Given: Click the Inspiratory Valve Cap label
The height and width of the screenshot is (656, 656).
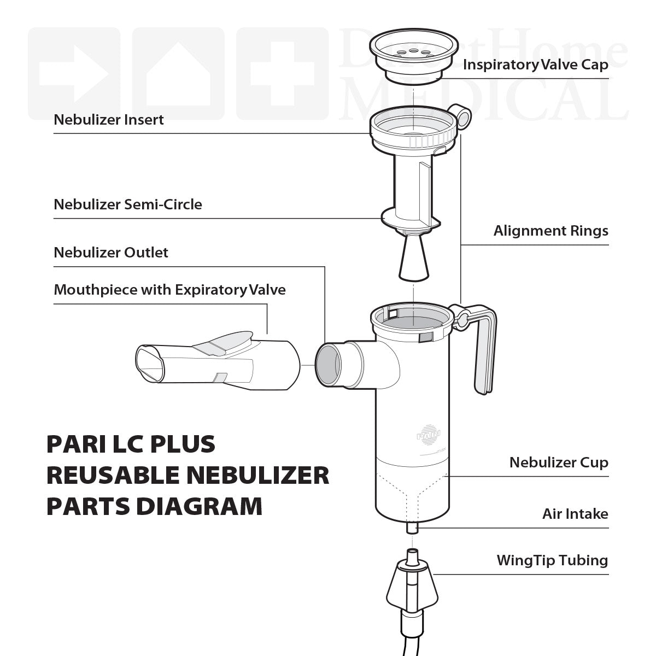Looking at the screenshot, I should [x=535, y=65].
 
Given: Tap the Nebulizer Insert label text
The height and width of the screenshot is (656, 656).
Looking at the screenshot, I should [x=109, y=120].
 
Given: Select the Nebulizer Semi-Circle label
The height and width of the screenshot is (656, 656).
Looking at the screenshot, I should [x=128, y=204].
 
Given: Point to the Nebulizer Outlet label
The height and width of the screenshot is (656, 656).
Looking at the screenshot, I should [x=111, y=253].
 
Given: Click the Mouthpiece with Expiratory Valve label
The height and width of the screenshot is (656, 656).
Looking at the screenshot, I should [x=169, y=290].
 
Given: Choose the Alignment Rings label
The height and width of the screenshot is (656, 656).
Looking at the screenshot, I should [x=550, y=231].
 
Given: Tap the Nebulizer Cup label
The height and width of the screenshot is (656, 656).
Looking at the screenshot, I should [x=558, y=462].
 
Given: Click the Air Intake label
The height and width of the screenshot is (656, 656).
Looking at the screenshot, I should [x=575, y=514].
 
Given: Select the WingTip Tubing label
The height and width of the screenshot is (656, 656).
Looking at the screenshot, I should [x=552, y=560].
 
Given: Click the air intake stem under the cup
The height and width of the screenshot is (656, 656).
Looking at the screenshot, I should [x=413, y=528].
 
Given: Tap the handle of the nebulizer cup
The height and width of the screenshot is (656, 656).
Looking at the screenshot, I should [x=485, y=350].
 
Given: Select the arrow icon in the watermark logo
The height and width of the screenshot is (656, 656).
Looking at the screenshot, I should [x=74, y=74].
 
